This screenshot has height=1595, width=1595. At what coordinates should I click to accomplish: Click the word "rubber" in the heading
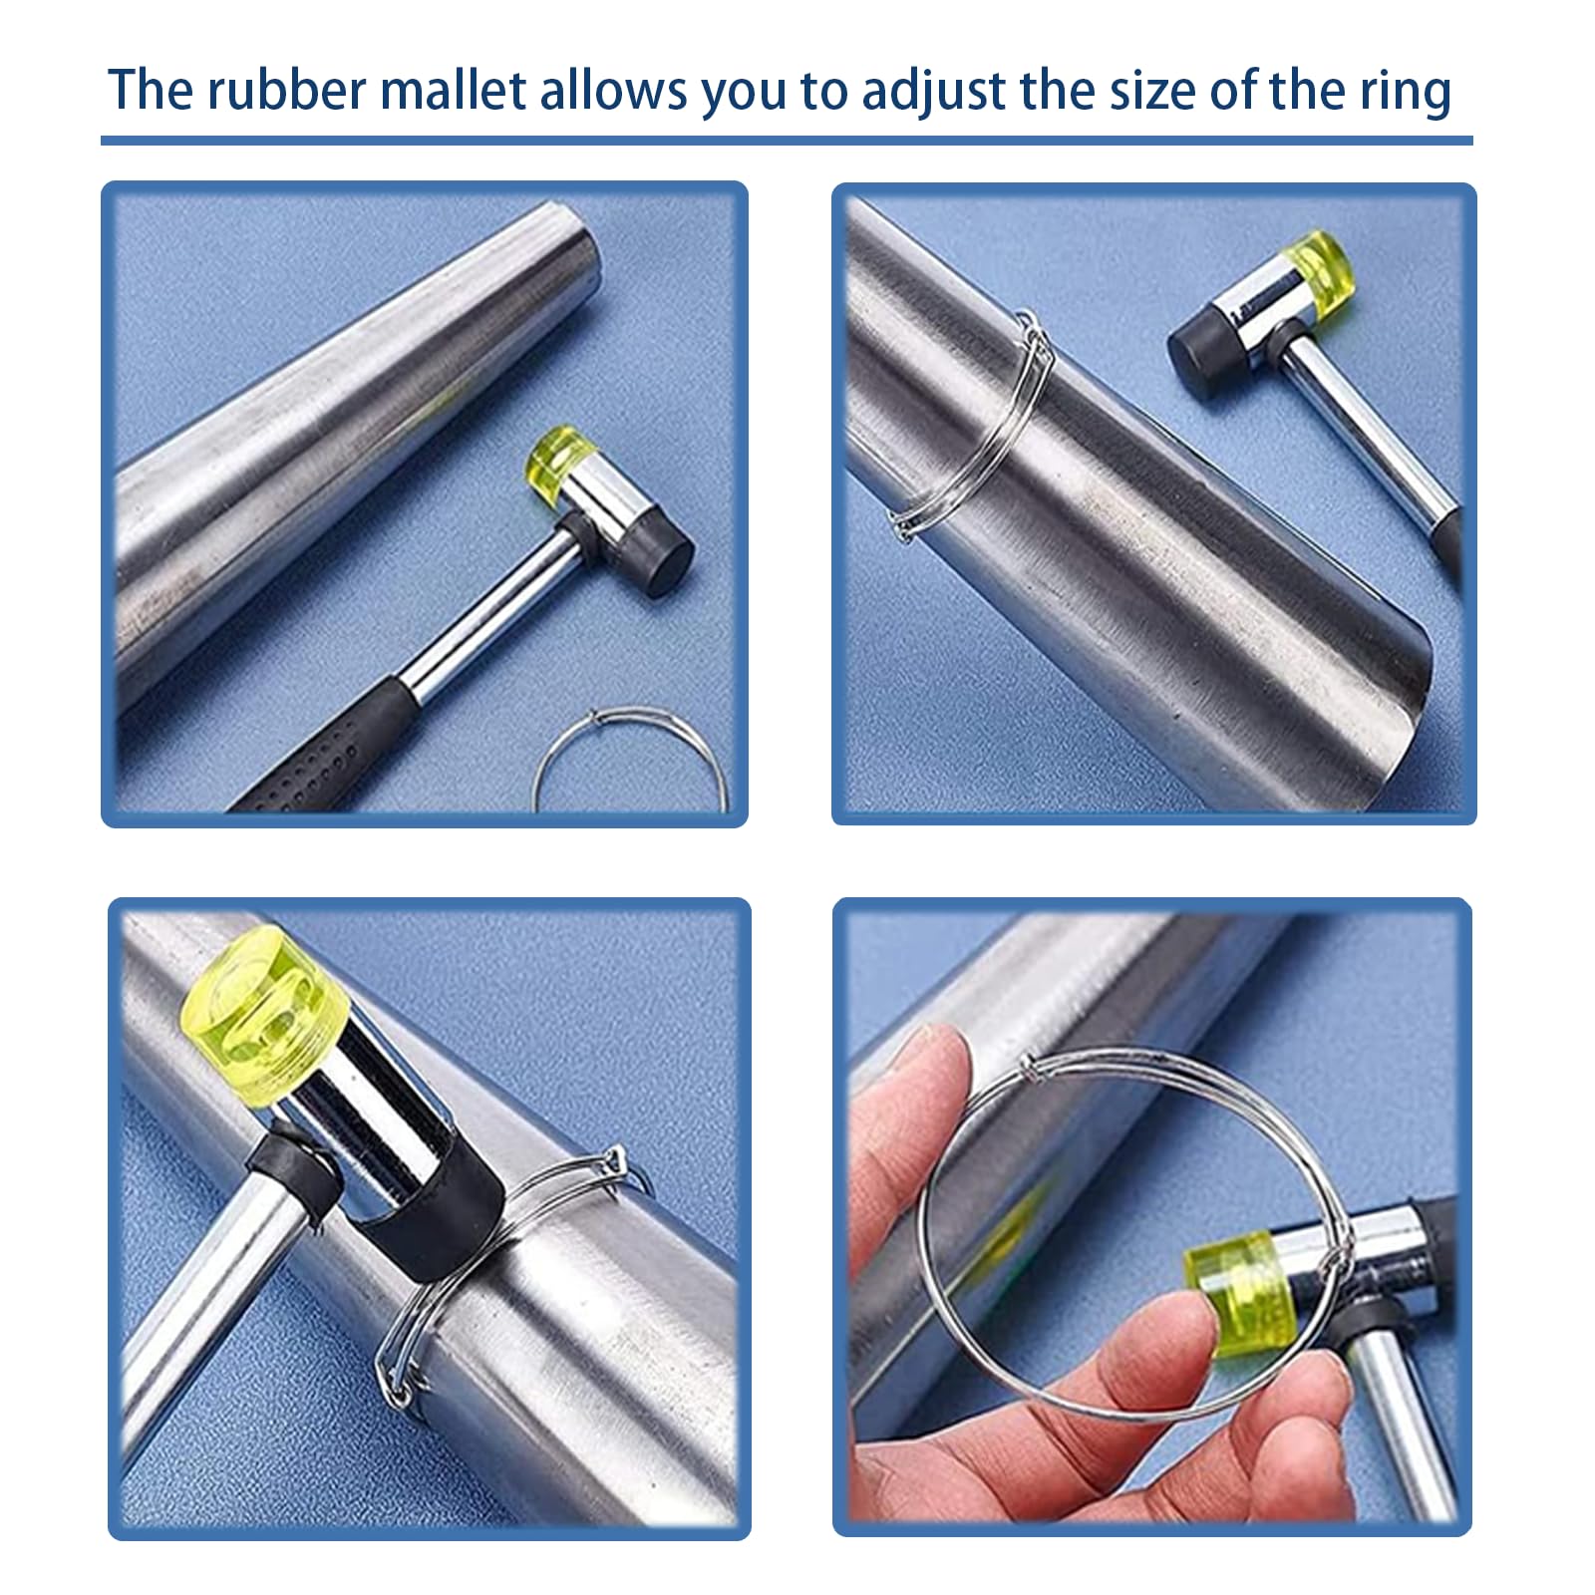click(x=287, y=89)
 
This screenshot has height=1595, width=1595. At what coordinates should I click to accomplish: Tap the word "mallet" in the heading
click(x=454, y=89)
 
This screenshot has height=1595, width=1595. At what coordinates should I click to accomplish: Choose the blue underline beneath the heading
click(x=787, y=141)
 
